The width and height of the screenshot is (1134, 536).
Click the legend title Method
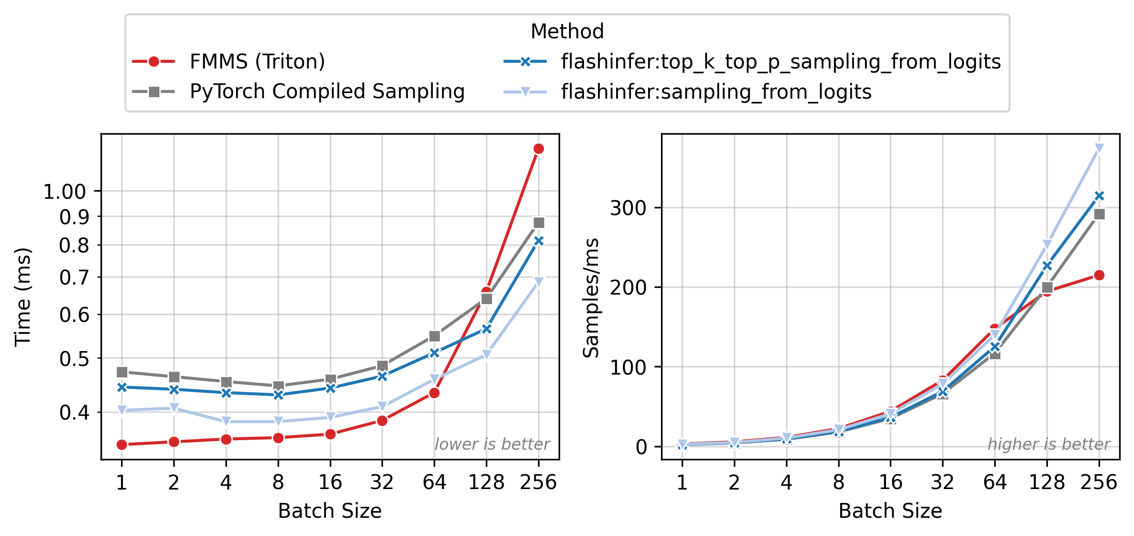tap(567, 32)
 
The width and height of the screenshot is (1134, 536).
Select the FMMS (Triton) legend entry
tap(257, 62)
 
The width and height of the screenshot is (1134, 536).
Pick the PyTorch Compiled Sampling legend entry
tap(327, 91)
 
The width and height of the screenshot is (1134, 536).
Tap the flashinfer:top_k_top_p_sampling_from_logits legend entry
tap(781, 62)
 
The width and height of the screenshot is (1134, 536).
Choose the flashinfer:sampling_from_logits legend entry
tap(716, 91)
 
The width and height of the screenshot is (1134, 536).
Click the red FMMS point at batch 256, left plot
tap(539, 149)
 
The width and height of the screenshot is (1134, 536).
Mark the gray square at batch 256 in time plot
tap(539, 223)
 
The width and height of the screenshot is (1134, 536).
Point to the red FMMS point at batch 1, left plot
tap(122, 445)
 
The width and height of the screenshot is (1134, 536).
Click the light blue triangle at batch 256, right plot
tap(1099, 148)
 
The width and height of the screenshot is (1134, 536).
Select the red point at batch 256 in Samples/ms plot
tap(1099, 275)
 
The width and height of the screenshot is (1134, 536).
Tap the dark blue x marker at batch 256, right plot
tap(1099, 196)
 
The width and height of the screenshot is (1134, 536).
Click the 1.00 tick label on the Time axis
tap(65, 192)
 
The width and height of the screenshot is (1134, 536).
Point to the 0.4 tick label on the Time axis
tap(74, 412)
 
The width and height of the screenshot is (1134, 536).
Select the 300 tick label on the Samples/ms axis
tap(628, 208)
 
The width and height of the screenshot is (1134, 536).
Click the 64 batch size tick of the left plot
tap(434, 482)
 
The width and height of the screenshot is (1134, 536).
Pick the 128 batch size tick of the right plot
tap(1047, 482)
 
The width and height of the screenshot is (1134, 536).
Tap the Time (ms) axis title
tap(23, 297)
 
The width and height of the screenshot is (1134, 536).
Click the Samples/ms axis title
tap(591, 297)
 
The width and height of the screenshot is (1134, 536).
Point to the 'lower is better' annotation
tap(492, 445)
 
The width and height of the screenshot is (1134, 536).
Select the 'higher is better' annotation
tap(1049, 445)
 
